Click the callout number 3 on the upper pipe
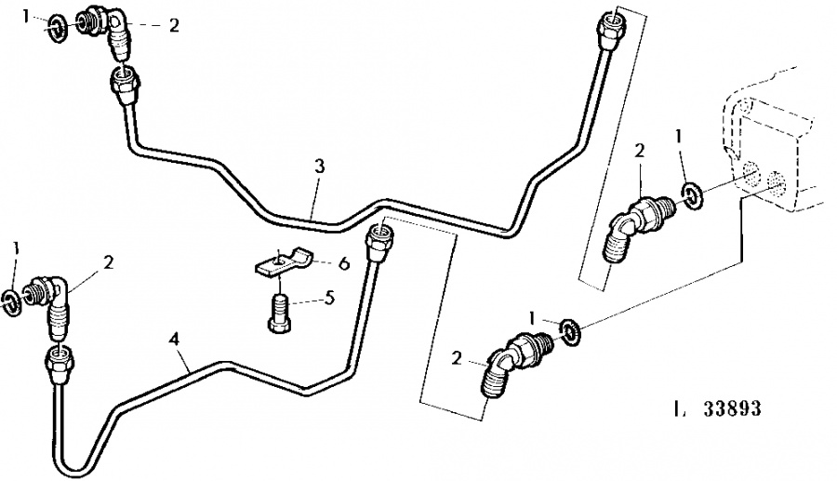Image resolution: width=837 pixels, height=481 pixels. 319,167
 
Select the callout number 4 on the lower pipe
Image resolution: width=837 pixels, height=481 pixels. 173,339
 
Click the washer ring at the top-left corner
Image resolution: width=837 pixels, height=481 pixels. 55,25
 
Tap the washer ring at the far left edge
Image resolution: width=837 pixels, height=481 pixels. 10,299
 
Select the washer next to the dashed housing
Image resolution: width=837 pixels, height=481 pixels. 692,196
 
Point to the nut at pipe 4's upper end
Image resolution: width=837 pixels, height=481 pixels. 379,242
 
